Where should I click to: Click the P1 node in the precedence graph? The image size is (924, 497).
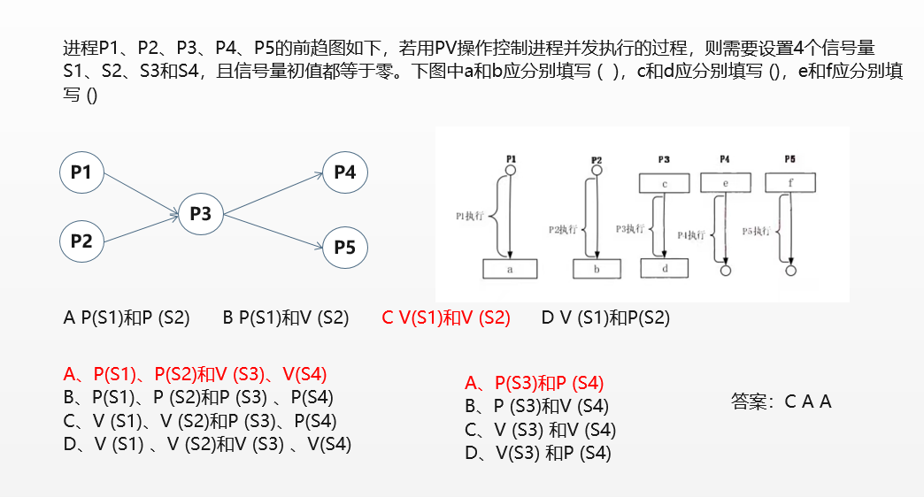click(x=81, y=172)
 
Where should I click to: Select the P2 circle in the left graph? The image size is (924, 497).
click(x=81, y=240)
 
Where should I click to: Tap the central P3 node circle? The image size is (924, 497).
click(x=201, y=213)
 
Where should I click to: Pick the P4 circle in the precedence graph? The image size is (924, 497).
click(x=345, y=172)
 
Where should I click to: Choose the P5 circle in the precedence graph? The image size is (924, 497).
click(x=345, y=248)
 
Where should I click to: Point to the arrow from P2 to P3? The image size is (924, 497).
click(x=142, y=226)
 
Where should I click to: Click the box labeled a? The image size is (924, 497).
click(x=510, y=269)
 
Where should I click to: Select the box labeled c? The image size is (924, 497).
click(x=664, y=183)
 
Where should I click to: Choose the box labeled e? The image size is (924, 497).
click(x=725, y=183)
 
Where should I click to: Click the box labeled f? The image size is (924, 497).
click(x=789, y=183)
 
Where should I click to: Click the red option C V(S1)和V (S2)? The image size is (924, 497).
click(x=446, y=318)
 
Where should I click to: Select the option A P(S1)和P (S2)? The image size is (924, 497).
click(x=127, y=318)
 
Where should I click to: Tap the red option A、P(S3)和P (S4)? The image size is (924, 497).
click(x=534, y=383)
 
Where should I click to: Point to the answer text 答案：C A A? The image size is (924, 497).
click(x=782, y=401)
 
